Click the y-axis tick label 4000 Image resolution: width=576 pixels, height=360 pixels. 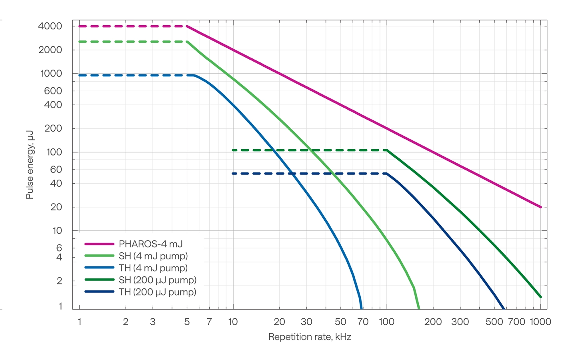tap(50, 26)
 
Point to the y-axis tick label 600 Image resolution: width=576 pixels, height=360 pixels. tap(53, 91)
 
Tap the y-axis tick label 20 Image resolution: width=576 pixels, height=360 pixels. tap(56, 207)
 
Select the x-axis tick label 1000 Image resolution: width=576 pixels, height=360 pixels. tap(540, 322)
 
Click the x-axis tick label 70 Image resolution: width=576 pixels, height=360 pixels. tap(363, 322)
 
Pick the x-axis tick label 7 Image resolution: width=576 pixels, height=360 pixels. tap(209, 322)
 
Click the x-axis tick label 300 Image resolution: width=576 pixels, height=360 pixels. tap(460, 322)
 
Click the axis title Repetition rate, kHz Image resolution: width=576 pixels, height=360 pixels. tap(310, 337)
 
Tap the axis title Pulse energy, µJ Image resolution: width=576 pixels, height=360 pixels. tap(30, 165)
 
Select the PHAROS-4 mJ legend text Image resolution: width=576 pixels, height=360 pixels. tap(150, 244)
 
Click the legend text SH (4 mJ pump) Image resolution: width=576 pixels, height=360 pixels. tap(153, 256)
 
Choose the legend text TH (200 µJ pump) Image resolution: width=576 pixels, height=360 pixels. tap(157, 292)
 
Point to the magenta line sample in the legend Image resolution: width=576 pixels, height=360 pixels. tap(100, 244)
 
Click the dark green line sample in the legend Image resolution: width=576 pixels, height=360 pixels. tap(100, 280)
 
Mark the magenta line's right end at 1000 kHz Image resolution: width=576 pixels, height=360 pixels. tap(541, 207)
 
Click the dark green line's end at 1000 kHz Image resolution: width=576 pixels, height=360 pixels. tap(541, 297)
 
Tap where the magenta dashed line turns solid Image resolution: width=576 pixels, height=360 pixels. tap(187, 26)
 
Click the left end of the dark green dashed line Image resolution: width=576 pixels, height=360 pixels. tap(233, 150)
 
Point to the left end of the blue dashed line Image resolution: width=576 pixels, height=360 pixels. tap(80, 75)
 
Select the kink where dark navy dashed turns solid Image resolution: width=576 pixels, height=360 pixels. tap(387, 174)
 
